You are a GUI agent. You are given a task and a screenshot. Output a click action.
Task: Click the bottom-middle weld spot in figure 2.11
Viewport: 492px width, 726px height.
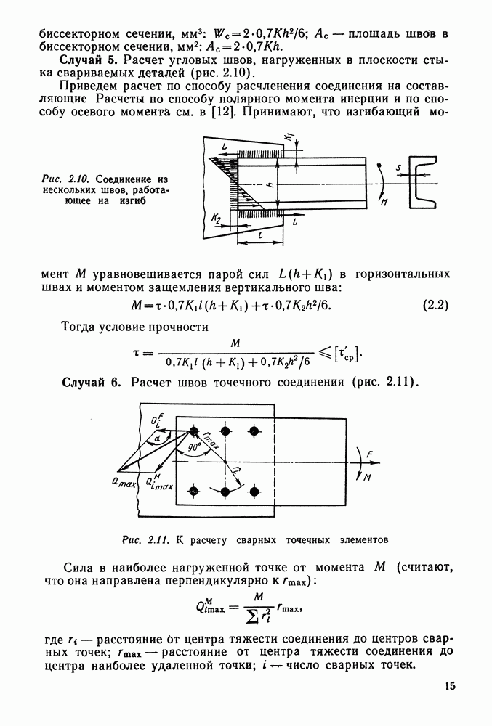pos(226,492)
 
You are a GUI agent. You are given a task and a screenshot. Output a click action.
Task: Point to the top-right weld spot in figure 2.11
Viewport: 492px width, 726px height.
pos(254,431)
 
